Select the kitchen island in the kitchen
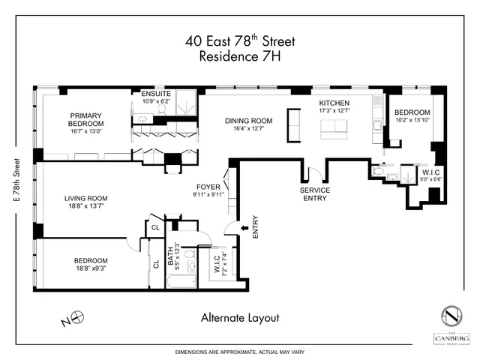coord(336,129)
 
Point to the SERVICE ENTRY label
coord(316,194)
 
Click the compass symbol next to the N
coord(76,318)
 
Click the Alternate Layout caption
coord(240,317)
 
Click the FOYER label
coord(208,188)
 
